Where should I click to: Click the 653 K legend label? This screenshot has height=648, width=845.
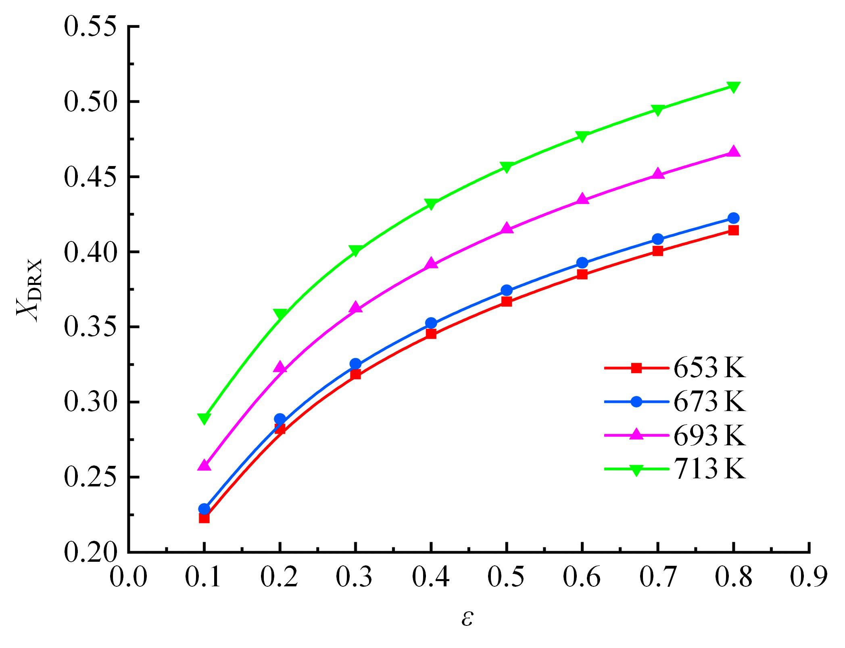(x=709, y=368)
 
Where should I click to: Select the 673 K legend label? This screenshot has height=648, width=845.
(x=709, y=402)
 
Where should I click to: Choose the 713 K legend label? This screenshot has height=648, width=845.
(x=709, y=469)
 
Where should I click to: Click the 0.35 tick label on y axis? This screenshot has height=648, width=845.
(x=90, y=327)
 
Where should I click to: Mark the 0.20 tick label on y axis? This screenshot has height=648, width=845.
(x=90, y=552)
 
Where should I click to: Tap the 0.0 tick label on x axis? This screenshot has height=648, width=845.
(x=128, y=577)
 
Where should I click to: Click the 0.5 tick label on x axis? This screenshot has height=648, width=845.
(x=506, y=577)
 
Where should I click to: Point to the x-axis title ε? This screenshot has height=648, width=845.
(x=467, y=618)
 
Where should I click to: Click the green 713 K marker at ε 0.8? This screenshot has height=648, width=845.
(x=733, y=87)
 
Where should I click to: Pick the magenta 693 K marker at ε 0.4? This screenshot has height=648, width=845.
(x=431, y=264)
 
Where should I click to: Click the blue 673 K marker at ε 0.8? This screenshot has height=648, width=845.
(x=733, y=218)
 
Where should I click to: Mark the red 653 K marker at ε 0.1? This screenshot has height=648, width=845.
(x=204, y=518)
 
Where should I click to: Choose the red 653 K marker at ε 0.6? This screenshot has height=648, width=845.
(x=582, y=274)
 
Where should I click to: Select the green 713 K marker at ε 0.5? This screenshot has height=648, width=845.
(x=507, y=167)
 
